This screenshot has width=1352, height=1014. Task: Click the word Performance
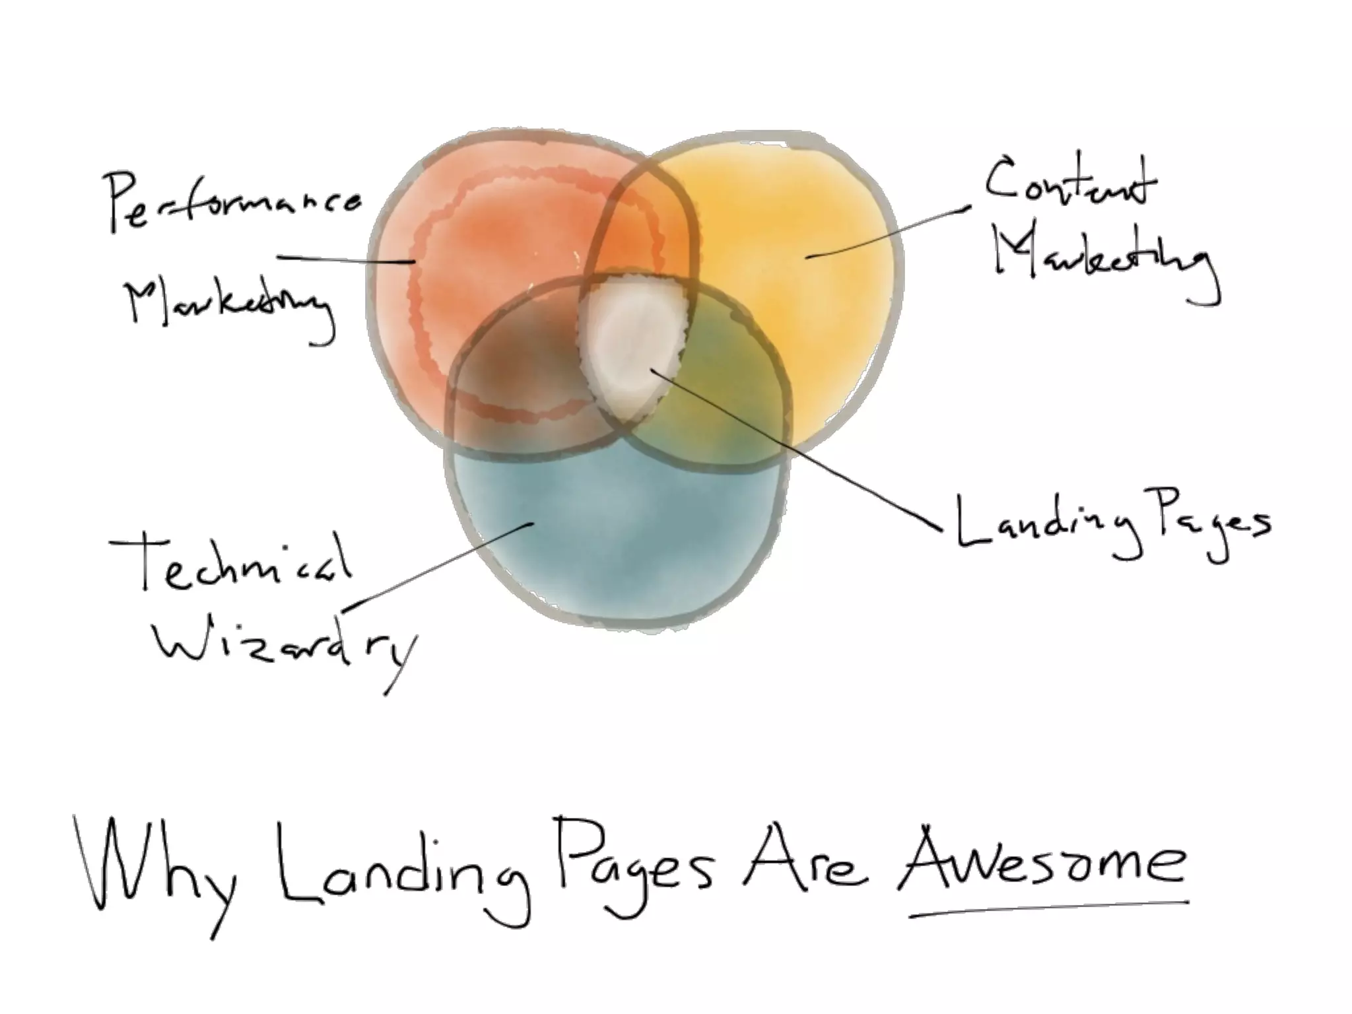point(234,201)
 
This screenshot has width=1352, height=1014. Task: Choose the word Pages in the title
point(634,862)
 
